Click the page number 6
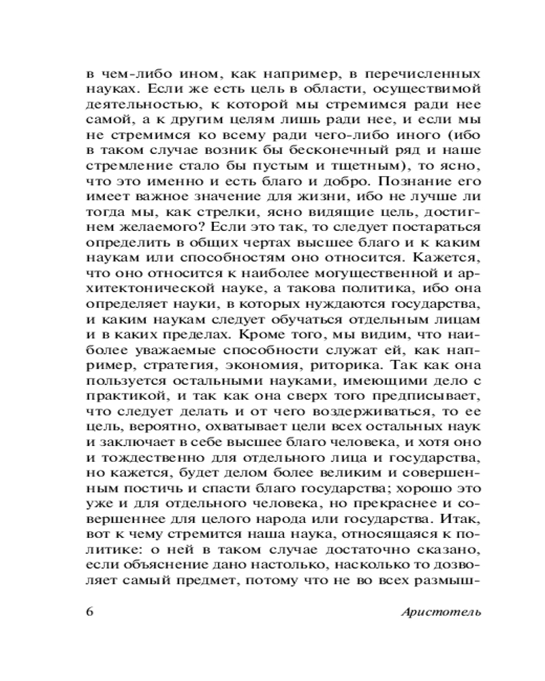(90, 611)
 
